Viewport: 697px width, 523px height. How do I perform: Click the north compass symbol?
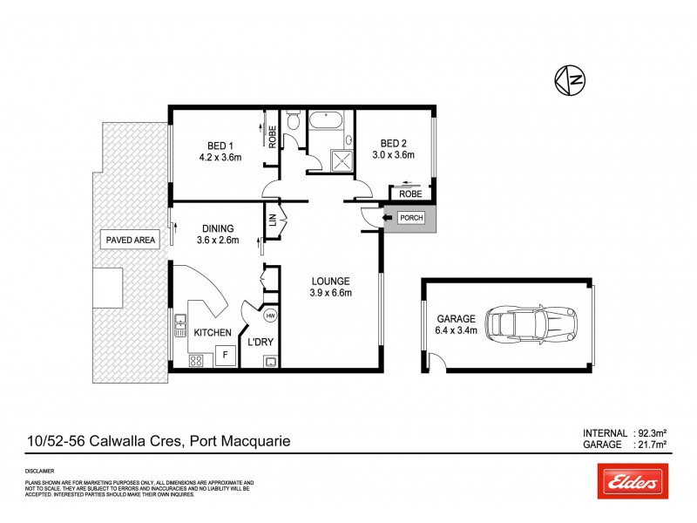571,80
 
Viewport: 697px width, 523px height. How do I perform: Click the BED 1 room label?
220,145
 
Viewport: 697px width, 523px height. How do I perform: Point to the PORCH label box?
411,218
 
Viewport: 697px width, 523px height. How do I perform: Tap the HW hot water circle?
270,316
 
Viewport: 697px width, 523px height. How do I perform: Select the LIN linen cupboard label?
272,222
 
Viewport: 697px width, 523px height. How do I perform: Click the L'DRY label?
259,342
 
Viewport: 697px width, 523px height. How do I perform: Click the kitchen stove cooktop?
197,358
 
